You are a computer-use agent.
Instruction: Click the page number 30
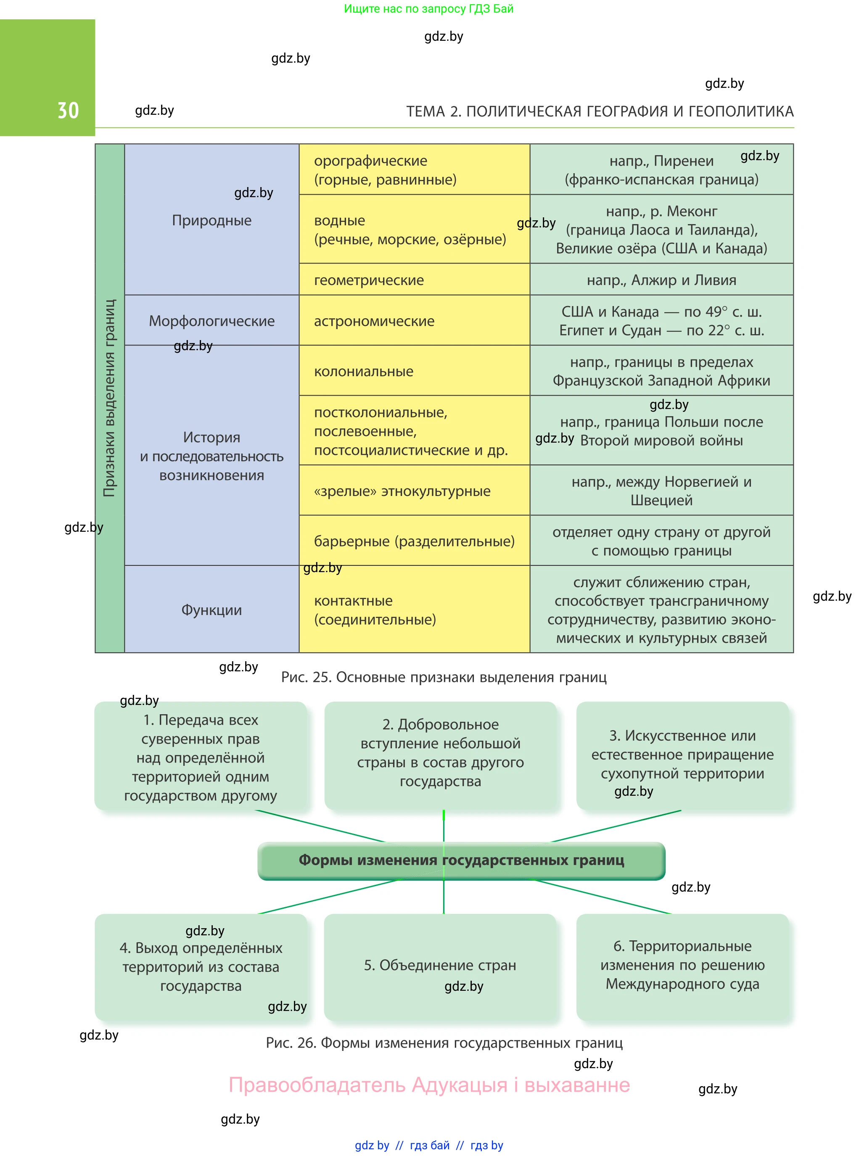point(68,111)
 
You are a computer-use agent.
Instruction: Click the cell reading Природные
point(211,220)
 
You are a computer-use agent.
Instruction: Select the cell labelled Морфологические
point(211,321)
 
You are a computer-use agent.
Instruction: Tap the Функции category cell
point(211,610)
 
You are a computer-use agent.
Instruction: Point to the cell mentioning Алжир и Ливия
point(661,280)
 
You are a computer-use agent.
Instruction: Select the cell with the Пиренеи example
point(661,170)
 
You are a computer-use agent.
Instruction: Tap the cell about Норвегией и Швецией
point(661,491)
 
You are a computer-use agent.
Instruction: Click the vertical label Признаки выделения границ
point(110,398)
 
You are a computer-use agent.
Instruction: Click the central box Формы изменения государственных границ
point(461,860)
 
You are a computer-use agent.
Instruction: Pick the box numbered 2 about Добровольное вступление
point(440,753)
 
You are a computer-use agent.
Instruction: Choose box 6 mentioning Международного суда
point(682,965)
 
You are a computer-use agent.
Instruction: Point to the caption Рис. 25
point(444,677)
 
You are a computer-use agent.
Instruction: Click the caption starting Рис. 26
point(444,1043)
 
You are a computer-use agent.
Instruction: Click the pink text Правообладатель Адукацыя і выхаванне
point(429,1085)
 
